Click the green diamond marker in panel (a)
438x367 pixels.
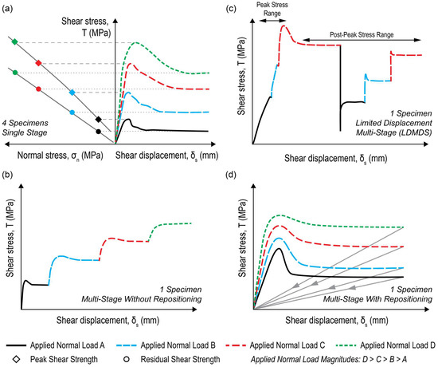(x=14, y=41)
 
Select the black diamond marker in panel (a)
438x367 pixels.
(x=99, y=120)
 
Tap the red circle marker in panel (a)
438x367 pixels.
(x=40, y=88)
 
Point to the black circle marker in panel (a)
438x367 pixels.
(x=98, y=131)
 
